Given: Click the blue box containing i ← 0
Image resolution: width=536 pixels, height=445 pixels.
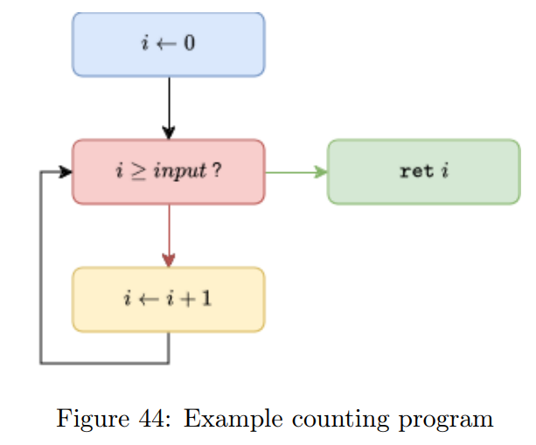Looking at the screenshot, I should [x=168, y=45].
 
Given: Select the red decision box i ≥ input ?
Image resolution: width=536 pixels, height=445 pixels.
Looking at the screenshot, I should [x=168, y=171].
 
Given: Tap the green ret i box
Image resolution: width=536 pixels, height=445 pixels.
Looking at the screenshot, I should [x=423, y=171].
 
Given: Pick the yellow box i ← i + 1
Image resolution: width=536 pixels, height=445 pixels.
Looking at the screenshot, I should [x=168, y=299].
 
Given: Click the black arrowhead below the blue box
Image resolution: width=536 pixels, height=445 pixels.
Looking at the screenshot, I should [x=169, y=132].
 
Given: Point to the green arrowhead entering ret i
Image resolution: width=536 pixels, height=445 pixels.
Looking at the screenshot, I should [x=321, y=171].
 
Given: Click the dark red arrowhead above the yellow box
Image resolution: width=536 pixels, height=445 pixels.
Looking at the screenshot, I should [x=169, y=261].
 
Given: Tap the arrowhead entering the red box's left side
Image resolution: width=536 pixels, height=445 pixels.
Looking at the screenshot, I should [x=66, y=172].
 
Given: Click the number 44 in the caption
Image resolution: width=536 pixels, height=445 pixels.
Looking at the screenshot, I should [x=155, y=419].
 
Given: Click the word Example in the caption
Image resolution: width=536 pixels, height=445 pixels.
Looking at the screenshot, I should [x=225, y=419].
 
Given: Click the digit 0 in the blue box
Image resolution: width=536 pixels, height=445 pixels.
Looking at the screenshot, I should [x=189, y=44].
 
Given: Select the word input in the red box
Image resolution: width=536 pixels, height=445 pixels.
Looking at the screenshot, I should [x=179, y=171].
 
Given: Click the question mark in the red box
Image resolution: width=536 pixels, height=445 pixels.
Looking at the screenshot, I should [x=216, y=170].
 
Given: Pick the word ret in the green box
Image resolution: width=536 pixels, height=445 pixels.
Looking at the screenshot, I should [x=415, y=171].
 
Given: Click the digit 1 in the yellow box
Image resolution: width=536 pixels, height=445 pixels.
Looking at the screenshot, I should [x=206, y=299].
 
